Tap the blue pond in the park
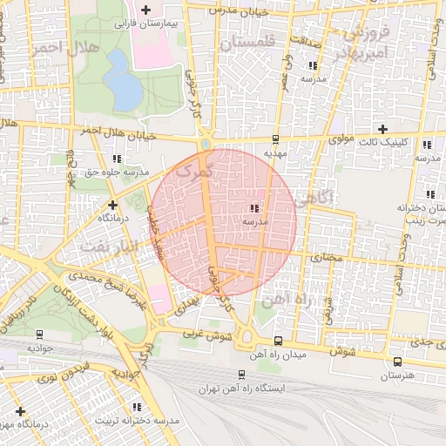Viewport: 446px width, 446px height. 125,86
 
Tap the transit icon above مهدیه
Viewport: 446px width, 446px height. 275,139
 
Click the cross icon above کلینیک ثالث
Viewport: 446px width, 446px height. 382,129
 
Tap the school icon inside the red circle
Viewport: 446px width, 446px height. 254,208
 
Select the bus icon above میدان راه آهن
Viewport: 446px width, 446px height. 278,341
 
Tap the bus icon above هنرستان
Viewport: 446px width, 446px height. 397,362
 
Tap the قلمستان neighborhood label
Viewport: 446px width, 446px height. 248,42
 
